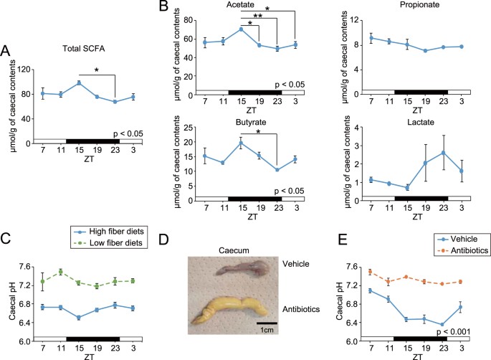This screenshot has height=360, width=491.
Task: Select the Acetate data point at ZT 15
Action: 242,29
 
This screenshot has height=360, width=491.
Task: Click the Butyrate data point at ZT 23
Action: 277,169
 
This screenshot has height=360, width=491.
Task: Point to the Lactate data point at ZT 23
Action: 444,152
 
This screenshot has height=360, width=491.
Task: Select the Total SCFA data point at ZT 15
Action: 79,82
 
